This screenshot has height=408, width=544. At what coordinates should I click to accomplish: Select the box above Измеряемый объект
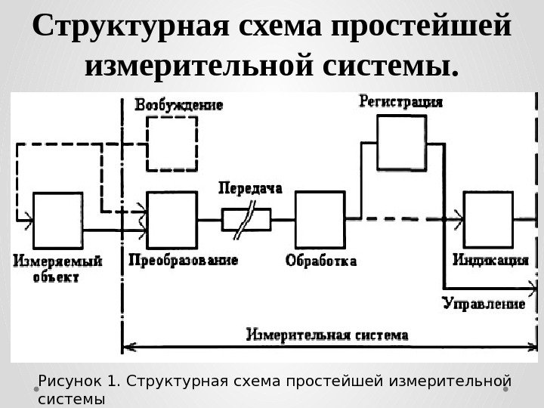point(55,218)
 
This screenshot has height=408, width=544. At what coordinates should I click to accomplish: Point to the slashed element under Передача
point(246,219)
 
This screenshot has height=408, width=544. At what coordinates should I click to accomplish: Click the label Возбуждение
point(178,106)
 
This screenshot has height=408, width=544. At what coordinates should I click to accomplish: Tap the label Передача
point(249,187)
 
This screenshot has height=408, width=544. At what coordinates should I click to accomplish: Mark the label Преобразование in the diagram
point(184,260)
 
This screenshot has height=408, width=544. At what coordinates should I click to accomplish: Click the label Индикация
point(490,261)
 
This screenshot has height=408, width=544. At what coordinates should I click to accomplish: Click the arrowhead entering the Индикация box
point(459,219)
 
